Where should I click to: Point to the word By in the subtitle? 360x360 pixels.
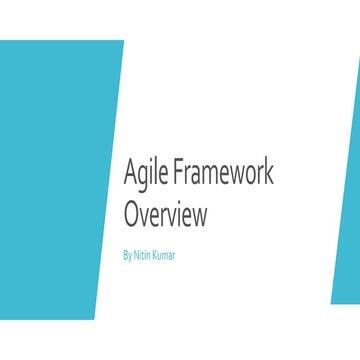click(x=126, y=255)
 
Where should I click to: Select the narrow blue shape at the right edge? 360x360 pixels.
click(x=348, y=200)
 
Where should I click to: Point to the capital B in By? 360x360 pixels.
click(x=124, y=255)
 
